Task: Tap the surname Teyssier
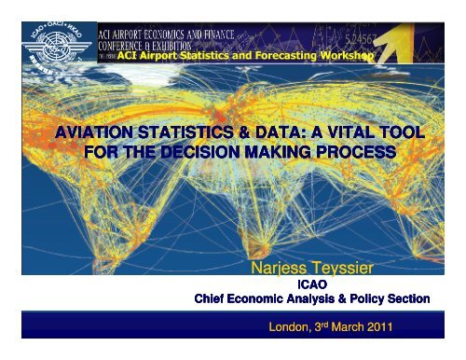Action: pos(348,269)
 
